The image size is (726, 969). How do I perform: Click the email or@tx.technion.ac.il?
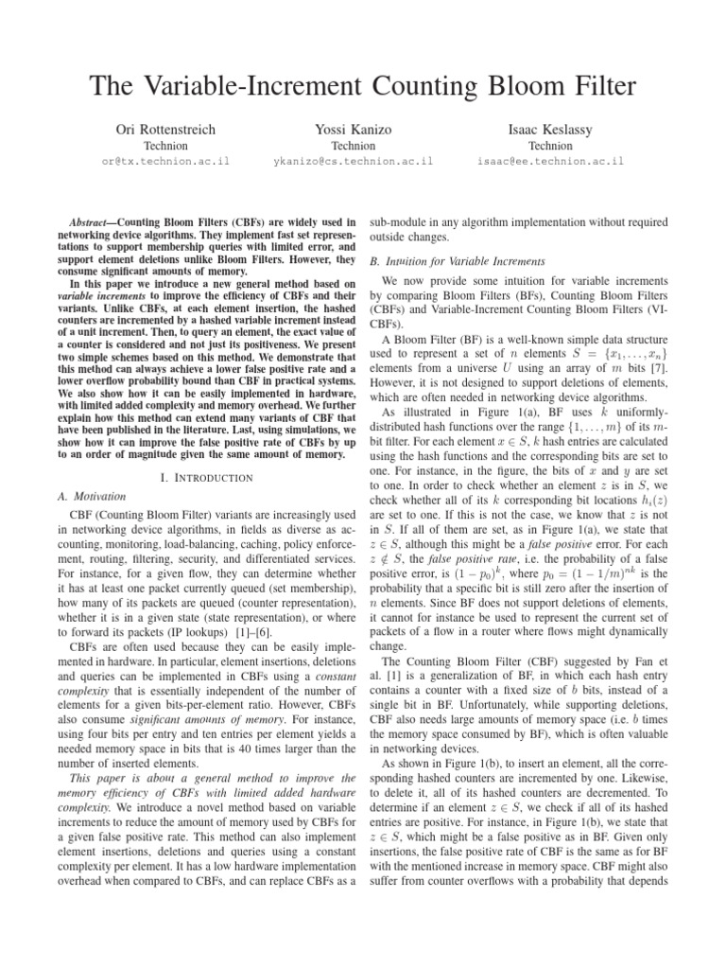point(164,162)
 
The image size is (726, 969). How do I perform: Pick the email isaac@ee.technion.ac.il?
point(550,162)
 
